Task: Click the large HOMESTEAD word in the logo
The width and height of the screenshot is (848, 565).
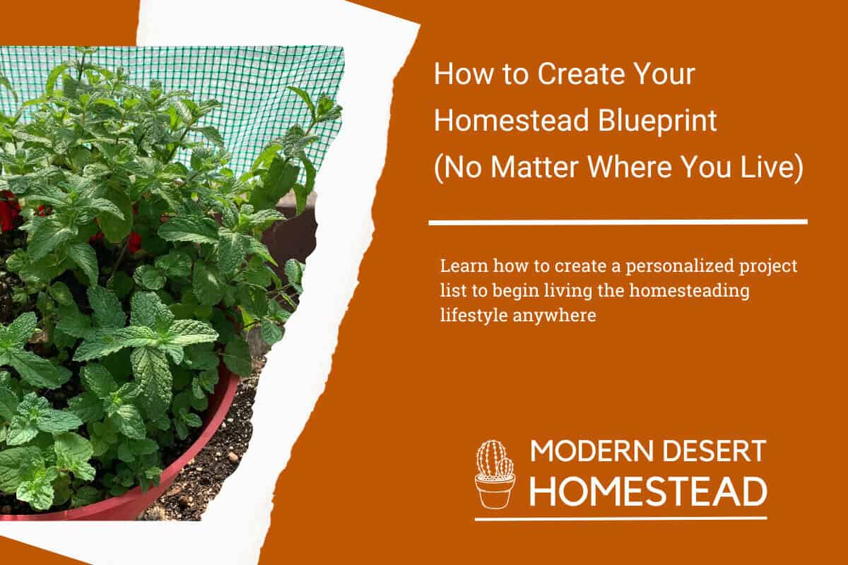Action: coord(648,491)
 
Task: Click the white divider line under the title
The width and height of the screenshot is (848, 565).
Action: coord(618,222)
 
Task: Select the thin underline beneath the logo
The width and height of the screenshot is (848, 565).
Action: coord(620,518)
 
